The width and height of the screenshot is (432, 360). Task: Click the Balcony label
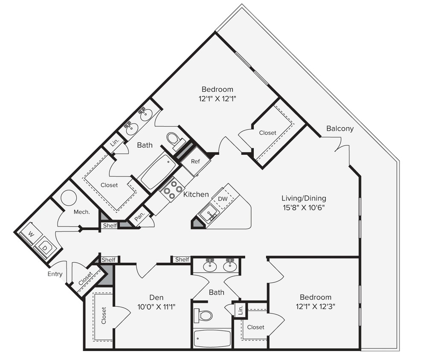point(340,128)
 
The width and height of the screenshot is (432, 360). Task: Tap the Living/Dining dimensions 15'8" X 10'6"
point(304,208)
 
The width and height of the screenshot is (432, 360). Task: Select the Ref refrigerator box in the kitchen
point(195,161)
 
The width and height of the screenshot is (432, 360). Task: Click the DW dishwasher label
point(223,199)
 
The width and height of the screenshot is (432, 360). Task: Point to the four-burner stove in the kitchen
point(171,189)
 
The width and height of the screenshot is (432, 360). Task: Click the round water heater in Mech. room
point(69,198)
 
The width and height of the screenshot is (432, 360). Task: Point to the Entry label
point(55,274)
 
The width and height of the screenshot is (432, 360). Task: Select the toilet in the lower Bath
point(203,316)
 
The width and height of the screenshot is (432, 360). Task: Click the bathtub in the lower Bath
point(212,338)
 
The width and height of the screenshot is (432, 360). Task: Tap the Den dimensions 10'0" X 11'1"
point(156,307)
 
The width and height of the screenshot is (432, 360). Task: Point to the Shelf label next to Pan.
point(110,226)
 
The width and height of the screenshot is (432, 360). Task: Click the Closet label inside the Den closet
point(104,316)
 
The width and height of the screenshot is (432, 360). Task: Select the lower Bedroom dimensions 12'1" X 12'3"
point(315,307)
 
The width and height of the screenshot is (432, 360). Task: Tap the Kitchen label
point(196,195)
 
